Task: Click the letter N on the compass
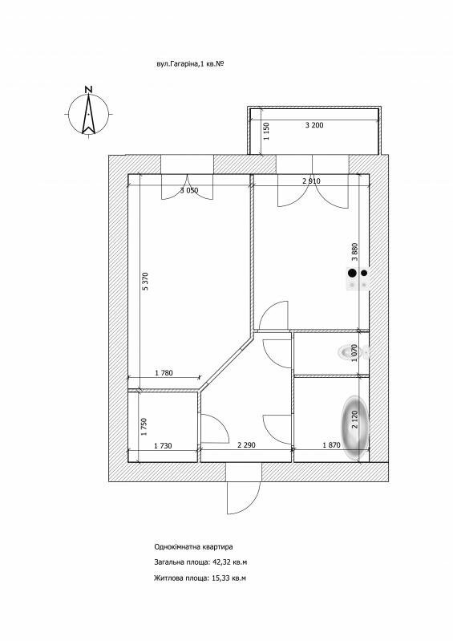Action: (88, 89)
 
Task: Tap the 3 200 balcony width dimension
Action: (314, 125)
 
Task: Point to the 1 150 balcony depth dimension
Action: (267, 132)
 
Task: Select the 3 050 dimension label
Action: (189, 190)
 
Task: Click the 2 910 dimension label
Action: (312, 181)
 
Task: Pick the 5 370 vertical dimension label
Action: (145, 281)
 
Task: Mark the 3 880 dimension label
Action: (354, 252)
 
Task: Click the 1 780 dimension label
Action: (164, 372)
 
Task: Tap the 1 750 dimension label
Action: (144, 426)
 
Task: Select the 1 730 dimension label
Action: (163, 445)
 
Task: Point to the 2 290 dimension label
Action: (246, 444)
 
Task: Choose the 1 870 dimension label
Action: (331, 445)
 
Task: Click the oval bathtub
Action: (355, 427)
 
